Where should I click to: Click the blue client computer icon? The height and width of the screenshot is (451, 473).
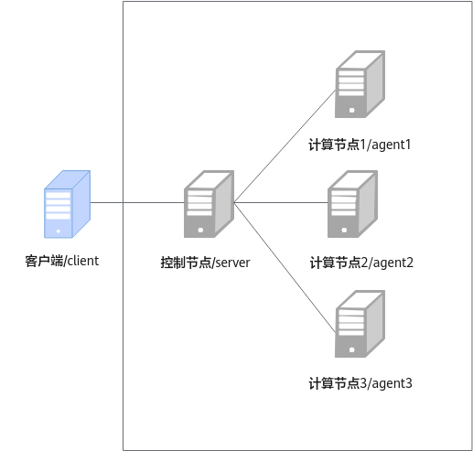coord(67,204)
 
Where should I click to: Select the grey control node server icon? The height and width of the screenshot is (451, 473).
coord(209,204)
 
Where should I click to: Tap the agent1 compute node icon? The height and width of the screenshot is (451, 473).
coord(360,84)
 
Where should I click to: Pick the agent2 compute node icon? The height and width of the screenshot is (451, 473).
coord(352,204)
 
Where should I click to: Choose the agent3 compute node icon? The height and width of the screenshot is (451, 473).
coord(360,324)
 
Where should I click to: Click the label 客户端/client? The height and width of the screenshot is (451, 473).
coord(62,261)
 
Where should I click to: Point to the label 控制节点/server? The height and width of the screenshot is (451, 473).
coord(205,263)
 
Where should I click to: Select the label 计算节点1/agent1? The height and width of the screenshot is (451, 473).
coord(360,145)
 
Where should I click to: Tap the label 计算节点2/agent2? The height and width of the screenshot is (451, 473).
coord(361,263)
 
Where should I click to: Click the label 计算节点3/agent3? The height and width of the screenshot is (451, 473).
coord(360,383)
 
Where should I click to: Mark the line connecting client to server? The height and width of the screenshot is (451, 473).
coord(137,202)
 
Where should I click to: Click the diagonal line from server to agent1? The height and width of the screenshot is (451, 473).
coord(285,146)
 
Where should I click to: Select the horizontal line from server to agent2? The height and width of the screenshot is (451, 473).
coord(281,202)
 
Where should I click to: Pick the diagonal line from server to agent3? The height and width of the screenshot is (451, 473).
coord(285,267)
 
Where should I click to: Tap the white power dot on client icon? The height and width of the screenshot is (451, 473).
coord(59,231)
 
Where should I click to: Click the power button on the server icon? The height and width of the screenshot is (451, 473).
coord(200,230)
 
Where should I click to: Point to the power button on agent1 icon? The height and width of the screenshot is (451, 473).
coord(351,110)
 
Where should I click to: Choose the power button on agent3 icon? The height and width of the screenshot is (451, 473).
coord(351,349)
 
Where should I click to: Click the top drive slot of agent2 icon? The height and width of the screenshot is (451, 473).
coord(344,193)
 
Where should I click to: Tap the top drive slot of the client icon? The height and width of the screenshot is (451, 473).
coord(58,196)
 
